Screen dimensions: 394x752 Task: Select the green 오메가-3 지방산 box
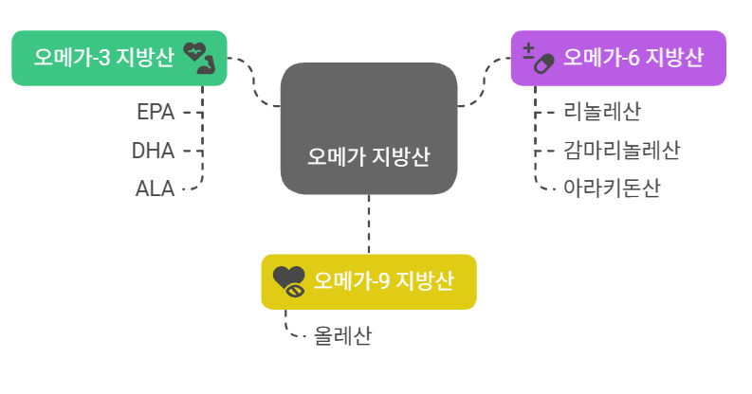click(119, 58)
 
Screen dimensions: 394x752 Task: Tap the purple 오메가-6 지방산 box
click(618, 58)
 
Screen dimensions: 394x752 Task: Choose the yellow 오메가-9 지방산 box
click(368, 281)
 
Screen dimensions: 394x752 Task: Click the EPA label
click(156, 112)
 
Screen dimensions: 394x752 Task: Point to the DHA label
click(153, 150)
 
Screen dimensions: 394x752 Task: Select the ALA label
click(155, 188)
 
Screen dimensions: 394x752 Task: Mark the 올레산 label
click(343, 335)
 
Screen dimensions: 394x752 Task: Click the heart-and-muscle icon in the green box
click(200, 57)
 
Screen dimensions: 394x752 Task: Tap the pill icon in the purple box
click(541, 60)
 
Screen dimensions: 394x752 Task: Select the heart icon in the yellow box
click(288, 281)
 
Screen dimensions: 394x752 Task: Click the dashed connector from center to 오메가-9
click(368, 224)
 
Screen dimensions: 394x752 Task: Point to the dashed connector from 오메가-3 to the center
click(253, 83)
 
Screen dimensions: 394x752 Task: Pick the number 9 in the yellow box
click(384, 281)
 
